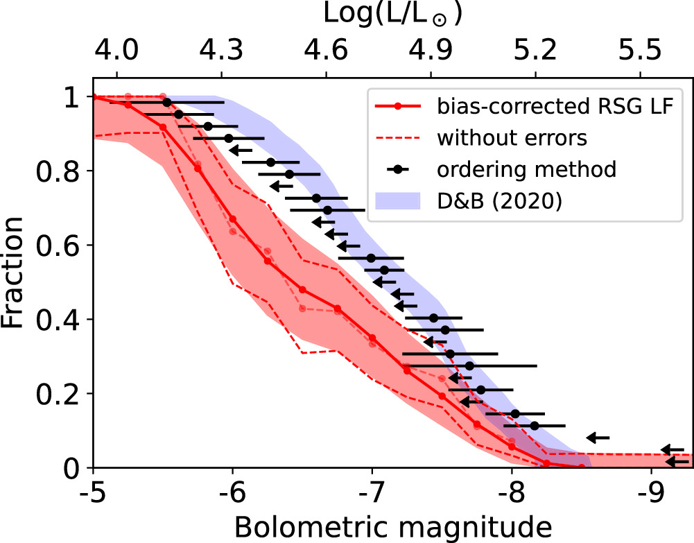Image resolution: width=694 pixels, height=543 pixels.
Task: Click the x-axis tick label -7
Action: coord(372,493)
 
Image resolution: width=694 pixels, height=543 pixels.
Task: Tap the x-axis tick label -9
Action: coord(651,493)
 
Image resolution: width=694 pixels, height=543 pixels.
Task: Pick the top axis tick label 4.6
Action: coord(327,51)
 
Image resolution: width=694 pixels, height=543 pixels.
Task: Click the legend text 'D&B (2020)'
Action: coord(498,200)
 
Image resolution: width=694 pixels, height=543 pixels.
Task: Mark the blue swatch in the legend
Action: coord(397,200)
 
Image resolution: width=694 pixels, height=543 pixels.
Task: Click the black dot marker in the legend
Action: coord(397,169)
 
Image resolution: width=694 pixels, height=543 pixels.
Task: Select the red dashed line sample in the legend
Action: coord(397,138)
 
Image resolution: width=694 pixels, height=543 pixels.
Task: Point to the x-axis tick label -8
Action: coord(512,493)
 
